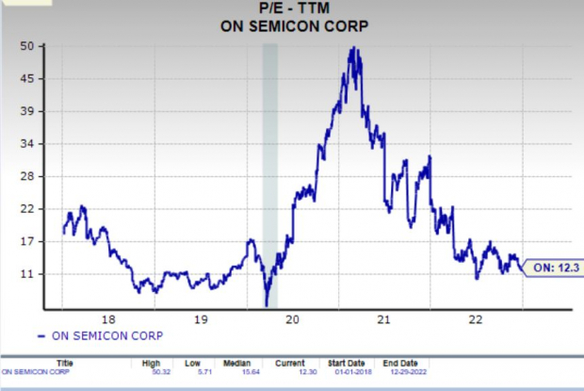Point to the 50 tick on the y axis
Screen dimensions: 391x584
tap(27, 46)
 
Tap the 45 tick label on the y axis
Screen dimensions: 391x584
tap(27, 79)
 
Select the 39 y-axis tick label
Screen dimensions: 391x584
tap(27, 111)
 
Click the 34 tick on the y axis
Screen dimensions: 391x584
tap(27, 144)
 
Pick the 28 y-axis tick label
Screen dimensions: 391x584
tap(27, 176)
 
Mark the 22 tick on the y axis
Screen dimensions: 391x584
tap(27, 209)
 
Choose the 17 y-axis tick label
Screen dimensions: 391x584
tap(27, 241)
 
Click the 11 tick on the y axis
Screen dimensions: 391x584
tap(27, 274)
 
